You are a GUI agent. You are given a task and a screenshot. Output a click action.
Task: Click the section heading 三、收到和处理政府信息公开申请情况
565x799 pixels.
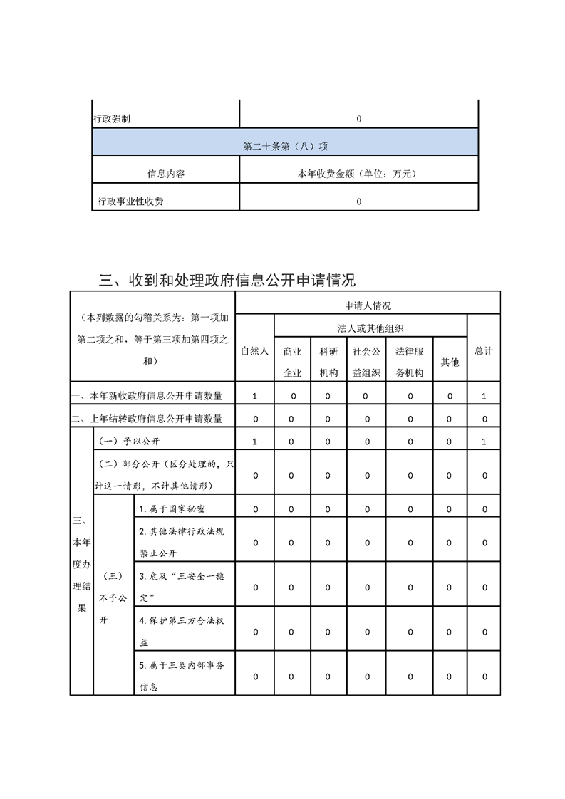point(227,280)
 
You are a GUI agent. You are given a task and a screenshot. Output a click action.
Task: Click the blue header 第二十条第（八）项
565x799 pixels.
point(285,146)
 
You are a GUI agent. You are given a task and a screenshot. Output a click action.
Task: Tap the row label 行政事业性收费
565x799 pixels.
point(131,202)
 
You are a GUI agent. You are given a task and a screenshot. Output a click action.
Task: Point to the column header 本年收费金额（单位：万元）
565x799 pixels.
point(356,173)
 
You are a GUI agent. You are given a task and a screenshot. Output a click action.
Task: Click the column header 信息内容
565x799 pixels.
point(166,173)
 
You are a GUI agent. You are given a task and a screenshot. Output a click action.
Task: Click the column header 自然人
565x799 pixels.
point(254,350)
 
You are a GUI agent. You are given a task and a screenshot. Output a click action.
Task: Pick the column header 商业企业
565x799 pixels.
point(292,362)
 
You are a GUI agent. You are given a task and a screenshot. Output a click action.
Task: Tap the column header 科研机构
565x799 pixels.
point(328,362)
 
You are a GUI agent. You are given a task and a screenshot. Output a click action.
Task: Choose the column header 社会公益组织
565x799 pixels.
point(367,362)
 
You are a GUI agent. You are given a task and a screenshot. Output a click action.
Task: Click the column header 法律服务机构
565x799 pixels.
point(410,362)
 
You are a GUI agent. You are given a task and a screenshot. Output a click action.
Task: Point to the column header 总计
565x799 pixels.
point(484,350)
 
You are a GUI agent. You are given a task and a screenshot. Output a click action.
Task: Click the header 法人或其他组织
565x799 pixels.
point(370,328)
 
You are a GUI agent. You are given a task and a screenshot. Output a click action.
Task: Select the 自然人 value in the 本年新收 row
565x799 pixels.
point(254,396)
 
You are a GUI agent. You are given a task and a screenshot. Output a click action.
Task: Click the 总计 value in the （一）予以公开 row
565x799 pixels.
point(484,442)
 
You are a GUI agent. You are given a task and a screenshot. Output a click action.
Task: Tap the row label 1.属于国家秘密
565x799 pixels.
point(175,508)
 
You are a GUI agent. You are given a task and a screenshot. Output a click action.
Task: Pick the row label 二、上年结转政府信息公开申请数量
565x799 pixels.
point(147,419)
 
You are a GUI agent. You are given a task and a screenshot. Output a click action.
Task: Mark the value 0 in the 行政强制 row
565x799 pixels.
point(358,120)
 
